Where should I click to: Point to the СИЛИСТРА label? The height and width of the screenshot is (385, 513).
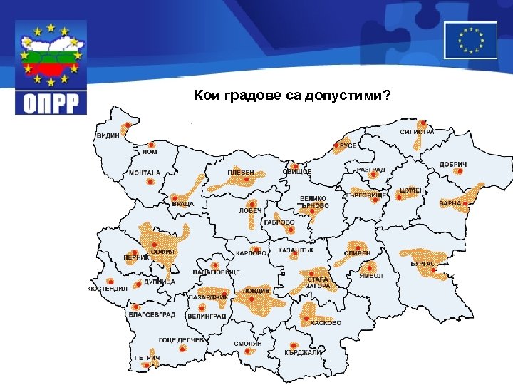(417, 132)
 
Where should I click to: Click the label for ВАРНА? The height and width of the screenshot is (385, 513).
(450, 204)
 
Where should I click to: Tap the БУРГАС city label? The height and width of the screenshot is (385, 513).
(423, 264)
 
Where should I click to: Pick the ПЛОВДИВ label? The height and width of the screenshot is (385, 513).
(254, 291)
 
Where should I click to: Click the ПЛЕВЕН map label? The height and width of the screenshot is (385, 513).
(241, 173)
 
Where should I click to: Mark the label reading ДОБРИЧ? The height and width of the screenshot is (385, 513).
(453, 165)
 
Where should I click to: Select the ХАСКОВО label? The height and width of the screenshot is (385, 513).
(326, 323)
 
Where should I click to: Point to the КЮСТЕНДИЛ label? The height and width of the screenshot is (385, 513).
(107, 289)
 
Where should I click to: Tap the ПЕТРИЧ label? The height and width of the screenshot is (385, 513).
(147, 357)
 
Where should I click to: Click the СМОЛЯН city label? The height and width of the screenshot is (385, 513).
(248, 344)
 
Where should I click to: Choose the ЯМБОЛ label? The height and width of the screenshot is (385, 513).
(371, 275)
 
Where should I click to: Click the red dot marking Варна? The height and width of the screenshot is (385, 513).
(465, 203)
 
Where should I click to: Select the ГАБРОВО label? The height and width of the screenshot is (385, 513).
(279, 222)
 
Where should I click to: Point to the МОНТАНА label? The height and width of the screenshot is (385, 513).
(145, 173)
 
